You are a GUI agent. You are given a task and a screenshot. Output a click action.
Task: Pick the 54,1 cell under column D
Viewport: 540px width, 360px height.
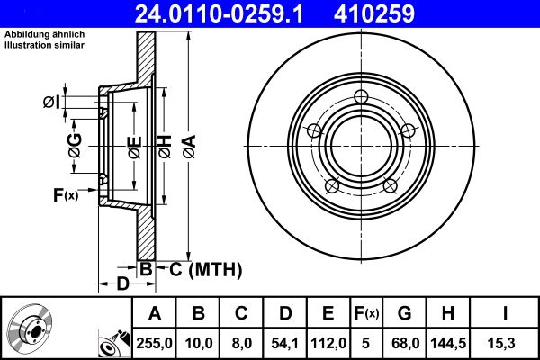tap(284, 342)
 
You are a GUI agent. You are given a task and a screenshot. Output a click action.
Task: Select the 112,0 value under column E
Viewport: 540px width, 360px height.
tap(328, 342)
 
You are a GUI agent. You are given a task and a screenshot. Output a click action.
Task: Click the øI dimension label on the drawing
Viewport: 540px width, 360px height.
tap(51, 103)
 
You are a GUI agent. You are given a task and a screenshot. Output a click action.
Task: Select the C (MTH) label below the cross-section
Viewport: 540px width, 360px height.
tap(196, 267)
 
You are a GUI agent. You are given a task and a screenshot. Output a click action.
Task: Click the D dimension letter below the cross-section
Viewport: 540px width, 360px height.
tap(122, 283)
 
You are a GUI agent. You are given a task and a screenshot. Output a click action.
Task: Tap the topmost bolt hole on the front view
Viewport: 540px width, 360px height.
tap(362, 97)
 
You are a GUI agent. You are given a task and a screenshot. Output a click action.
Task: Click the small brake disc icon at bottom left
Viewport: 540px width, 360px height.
tap(31, 328)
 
